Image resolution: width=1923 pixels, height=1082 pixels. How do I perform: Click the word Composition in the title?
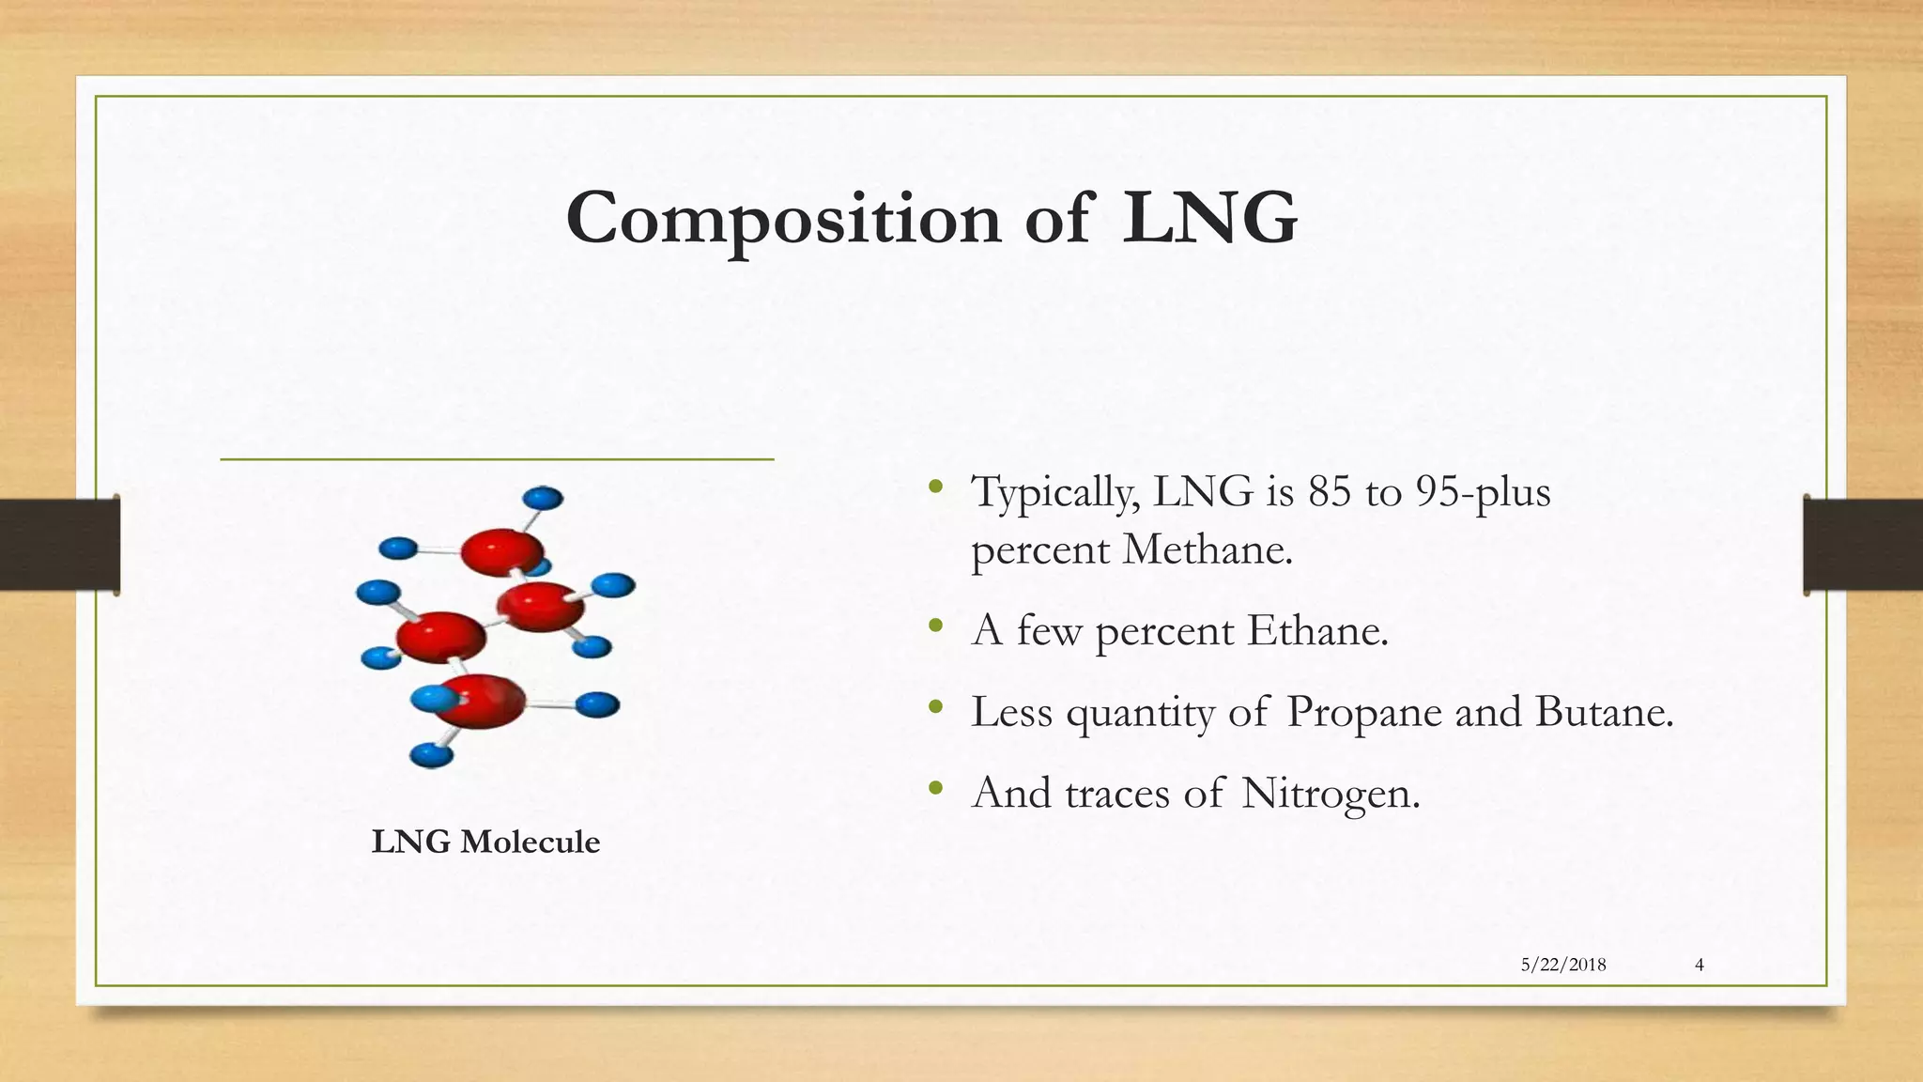[784, 219]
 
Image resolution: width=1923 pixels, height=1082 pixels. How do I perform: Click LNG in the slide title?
[1209, 219]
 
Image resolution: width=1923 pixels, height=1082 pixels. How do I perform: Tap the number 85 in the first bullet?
[1329, 491]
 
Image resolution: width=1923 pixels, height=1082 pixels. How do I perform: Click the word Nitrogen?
[1330, 794]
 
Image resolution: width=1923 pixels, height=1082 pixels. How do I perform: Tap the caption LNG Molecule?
[485, 842]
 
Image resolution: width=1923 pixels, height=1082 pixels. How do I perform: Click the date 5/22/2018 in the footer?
[1563, 965]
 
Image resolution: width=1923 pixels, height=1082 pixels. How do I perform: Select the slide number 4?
[1700, 965]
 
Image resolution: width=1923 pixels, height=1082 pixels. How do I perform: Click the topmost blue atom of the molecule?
[542, 498]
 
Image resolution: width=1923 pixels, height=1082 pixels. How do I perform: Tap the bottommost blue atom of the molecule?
[432, 754]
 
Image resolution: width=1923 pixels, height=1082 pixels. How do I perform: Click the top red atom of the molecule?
[501, 551]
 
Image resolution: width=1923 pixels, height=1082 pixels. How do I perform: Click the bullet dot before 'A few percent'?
[934, 626]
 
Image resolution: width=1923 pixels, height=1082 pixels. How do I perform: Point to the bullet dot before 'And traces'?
[934, 789]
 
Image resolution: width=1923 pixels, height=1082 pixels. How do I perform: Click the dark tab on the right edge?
[1863, 545]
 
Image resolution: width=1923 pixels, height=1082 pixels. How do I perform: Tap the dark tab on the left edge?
[59, 545]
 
